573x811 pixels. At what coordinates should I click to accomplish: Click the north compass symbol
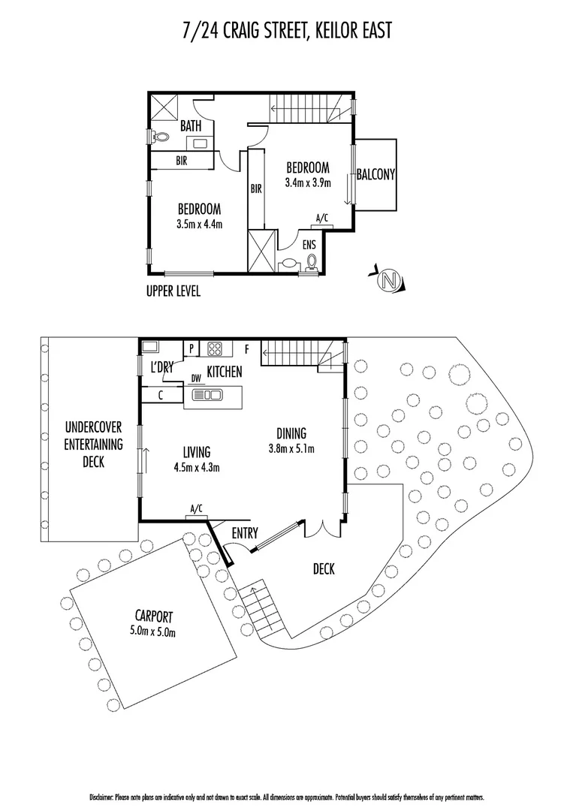(389, 281)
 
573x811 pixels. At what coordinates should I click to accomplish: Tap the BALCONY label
(375, 174)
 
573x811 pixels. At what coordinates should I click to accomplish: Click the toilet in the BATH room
(158, 137)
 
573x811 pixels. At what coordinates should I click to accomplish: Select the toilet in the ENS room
(312, 261)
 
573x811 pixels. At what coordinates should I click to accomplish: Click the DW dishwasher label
(196, 378)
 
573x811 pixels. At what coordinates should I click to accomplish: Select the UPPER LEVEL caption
(173, 291)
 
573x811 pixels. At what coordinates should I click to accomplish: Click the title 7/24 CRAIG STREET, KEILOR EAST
(287, 32)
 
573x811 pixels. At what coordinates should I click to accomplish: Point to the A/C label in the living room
(197, 509)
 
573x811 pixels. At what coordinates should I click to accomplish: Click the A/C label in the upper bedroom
(322, 219)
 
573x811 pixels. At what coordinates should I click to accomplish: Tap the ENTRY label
(245, 533)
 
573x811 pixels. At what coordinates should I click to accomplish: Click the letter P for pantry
(192, 348)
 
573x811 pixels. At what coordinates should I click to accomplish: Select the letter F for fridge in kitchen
(247, 349)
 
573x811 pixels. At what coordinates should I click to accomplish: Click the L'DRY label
(161, 368)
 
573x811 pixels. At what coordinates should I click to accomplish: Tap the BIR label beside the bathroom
(182, 161)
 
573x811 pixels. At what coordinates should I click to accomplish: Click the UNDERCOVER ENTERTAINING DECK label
(93, 444)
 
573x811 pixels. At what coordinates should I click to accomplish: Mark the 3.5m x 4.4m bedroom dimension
(199, 223)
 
